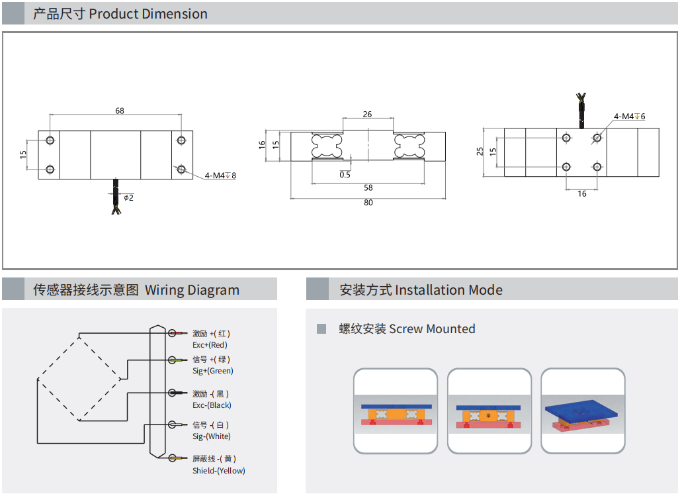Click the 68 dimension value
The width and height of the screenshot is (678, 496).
(120, 111)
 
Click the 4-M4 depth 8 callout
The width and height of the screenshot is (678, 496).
(220, 175)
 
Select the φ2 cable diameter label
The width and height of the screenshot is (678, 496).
(128, 197)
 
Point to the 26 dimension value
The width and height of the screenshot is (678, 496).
(367, 114)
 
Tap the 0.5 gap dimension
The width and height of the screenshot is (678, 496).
(345, 175)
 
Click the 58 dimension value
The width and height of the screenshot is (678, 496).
(368, 187)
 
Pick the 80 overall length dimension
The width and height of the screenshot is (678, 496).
(368, 202)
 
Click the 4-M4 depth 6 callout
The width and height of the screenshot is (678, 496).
(629, 117)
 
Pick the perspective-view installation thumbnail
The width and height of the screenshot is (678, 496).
(583, 411)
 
